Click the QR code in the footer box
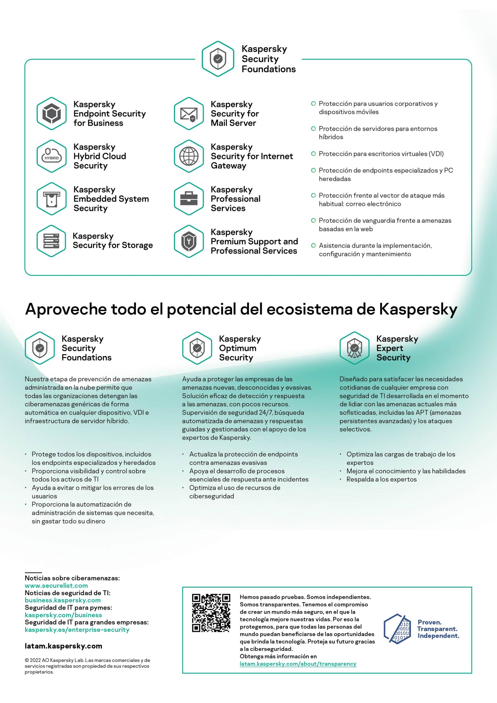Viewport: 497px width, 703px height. pyautogui.click(x=211, y=613)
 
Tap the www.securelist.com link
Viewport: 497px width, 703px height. pyautogui.click(x=56, y=585)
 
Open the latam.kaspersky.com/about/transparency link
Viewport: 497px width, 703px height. pyautogui.click(x=298, y=664)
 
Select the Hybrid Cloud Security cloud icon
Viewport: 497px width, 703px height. pyautogui.click(x=51, y=156)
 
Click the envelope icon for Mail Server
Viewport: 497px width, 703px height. pyautogui.click(x=189, y=114)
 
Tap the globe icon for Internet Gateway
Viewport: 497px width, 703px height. pyautogui.click(x=189, y=156)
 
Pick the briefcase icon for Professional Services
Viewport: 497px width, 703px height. pyautogui.click(x=189, y=199)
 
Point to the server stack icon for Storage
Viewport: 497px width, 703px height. pyautogui.click(x=51, y=241)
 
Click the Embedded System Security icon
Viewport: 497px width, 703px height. pyautogui.click(x=51, y=199)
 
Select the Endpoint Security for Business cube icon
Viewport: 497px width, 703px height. pyautogui.click(x=51, y=114)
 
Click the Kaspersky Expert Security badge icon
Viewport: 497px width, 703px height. pyautogui.click(x=354, y=348)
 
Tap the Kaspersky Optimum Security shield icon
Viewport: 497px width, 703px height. pyautogui.click(x=197, y=348)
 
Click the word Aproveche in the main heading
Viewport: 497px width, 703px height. pyautogui.click(x=66, y=310)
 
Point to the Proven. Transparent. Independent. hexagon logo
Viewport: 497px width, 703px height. pyautogui.click(x=397, y=629)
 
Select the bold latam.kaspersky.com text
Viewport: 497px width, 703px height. pyautogui.click(x=63, y=646)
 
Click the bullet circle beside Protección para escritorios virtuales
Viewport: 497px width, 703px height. pyautogui.click(x=313, y=154)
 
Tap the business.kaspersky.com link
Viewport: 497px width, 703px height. pyautogui.click(x=63, y=600)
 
